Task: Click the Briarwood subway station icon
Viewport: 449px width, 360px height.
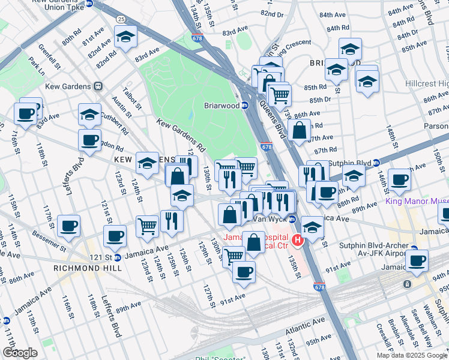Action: pos(245,106)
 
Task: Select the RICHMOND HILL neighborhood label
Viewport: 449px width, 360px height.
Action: pos(88,268)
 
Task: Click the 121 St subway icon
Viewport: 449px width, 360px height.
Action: pos(118,257)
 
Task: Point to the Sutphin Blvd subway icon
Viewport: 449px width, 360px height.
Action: pos(376,162)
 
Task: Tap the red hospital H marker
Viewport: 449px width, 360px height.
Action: pos(297,241)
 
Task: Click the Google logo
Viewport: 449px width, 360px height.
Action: pos(20,353)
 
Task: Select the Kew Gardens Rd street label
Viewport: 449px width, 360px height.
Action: pos(181,134)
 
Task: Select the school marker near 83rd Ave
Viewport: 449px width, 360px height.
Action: pos(125,37)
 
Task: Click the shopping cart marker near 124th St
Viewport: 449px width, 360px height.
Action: pos(147,226)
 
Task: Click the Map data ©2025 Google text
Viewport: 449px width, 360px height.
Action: pos(411,355)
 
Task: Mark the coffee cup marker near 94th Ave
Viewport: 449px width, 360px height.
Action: pos(417,260)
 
